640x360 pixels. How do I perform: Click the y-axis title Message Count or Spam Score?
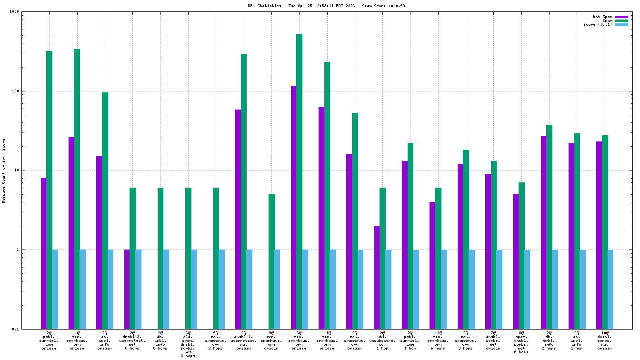click(4, 170)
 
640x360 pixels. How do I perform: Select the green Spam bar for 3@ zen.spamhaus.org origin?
click(299, 181)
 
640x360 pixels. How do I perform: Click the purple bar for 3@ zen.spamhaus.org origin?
click(293, 207)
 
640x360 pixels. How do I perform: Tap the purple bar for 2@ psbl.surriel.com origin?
click(44, 252)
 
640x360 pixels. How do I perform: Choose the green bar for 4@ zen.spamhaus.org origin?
click(77, 189)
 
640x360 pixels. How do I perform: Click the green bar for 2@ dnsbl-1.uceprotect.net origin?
click(244, 190)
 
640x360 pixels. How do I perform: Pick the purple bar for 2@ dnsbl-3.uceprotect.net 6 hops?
click(127, 289)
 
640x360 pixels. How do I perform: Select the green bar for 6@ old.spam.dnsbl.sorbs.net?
click(188, 257)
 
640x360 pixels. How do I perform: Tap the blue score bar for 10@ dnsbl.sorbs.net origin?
click(610, 289)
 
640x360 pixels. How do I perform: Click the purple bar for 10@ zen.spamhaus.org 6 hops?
click(432, 265)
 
